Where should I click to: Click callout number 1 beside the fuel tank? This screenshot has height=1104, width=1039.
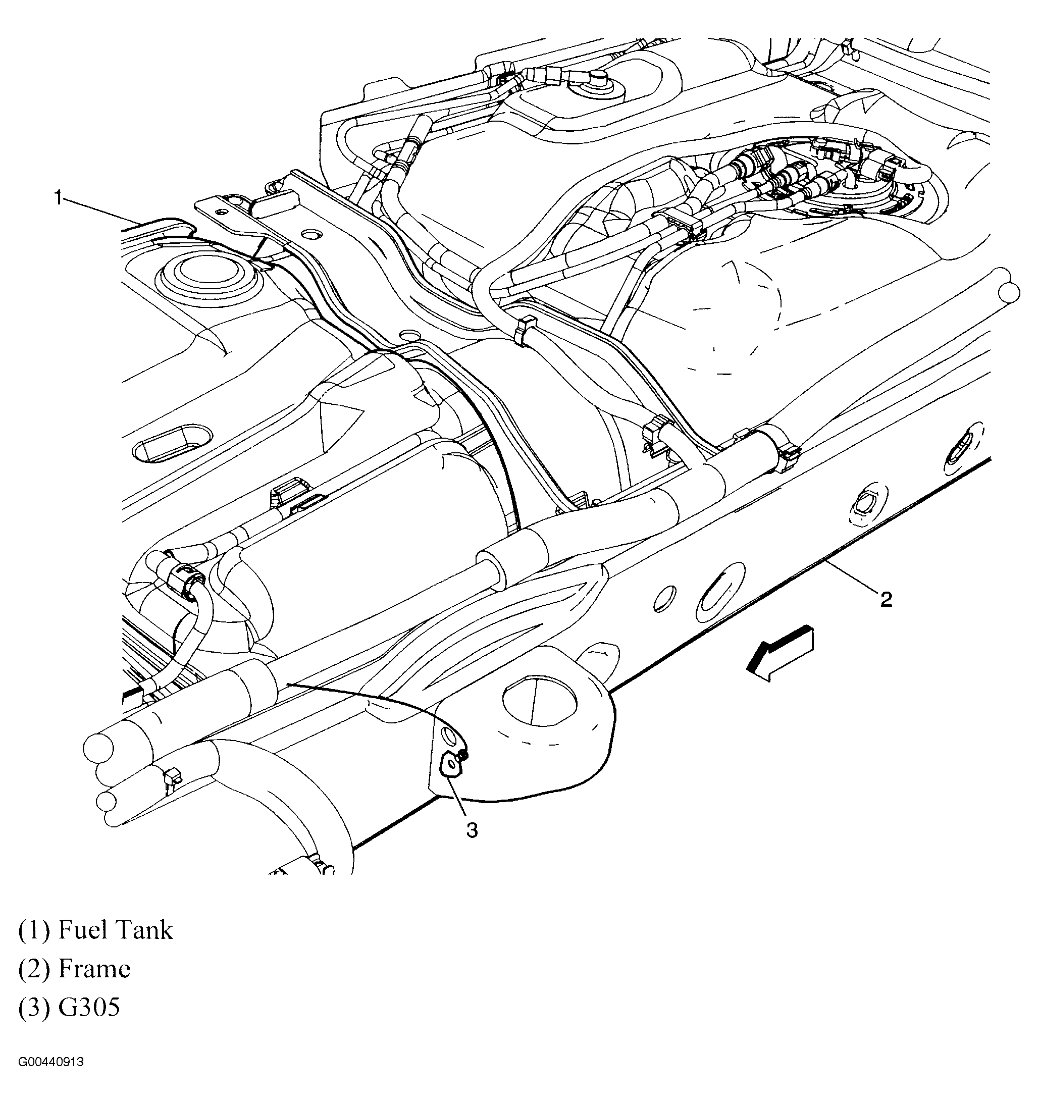[58, 198]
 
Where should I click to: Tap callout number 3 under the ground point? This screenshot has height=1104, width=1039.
[472, 831]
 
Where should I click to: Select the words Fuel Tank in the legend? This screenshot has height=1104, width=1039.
[115, 930]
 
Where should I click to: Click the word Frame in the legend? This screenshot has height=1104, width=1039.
[94, 969]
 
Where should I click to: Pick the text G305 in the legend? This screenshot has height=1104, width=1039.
[89, 1008]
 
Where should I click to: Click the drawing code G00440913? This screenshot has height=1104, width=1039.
[50, 1062]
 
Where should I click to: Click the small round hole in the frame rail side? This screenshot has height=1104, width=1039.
[664, 599]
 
